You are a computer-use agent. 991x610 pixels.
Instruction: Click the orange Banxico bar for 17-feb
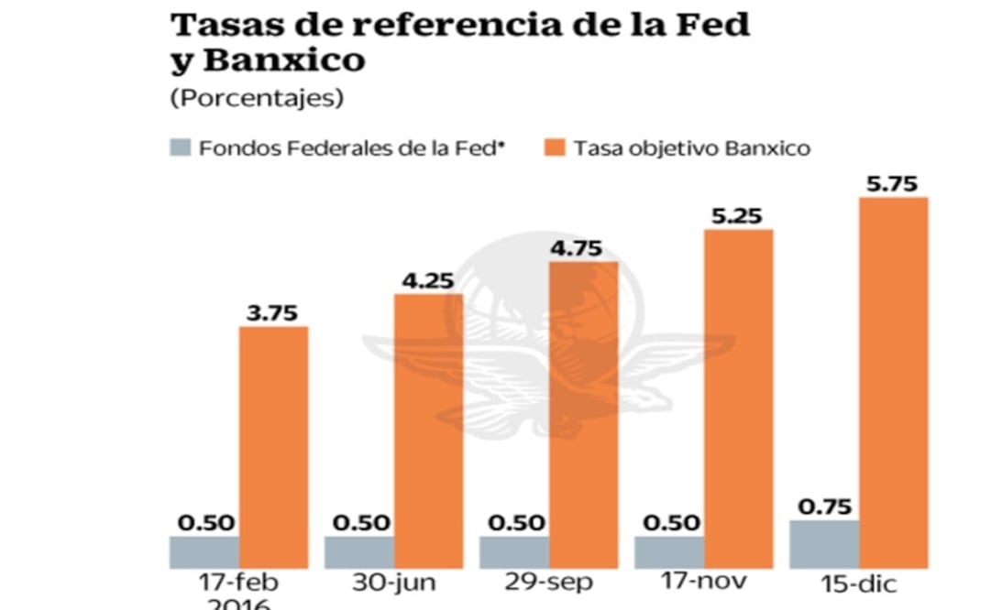coord(273,446)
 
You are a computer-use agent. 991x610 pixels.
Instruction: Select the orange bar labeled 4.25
coord(429,430)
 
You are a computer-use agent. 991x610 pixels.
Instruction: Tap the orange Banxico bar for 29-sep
coord(583,414)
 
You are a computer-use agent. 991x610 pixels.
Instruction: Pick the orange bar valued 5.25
coord(739,398)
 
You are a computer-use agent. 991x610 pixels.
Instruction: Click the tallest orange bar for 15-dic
coord(894,381)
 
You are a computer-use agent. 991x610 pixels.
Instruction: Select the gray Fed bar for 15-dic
coord(826,543)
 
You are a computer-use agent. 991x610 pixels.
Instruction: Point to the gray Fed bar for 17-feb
coord(204,551)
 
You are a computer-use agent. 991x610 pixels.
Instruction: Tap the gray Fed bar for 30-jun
coord(358,551)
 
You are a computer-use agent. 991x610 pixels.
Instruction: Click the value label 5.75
coord(894,182)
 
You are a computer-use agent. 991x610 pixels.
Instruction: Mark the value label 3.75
coord(272,312)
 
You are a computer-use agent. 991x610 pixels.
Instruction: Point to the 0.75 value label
coord(824,507)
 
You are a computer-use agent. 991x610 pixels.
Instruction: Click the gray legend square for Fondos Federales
coord(180,147)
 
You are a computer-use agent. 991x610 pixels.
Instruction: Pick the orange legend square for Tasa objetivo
coord(556,147)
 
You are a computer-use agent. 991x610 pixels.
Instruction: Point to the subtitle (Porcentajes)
coord(257,99)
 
